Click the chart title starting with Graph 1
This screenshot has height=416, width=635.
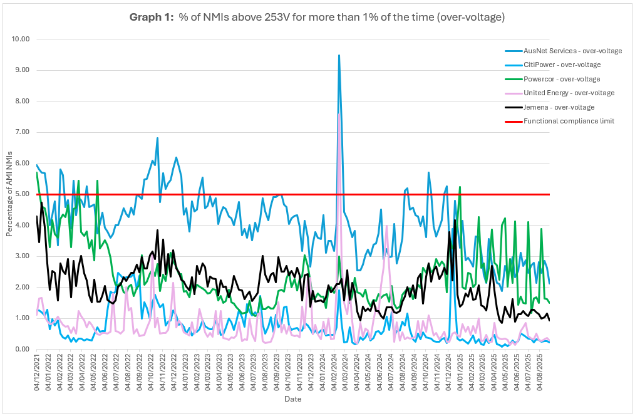317,17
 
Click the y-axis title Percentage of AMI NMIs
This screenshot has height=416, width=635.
9,194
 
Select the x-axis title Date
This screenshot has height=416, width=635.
292,399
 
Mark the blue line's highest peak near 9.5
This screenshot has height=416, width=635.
339,55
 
